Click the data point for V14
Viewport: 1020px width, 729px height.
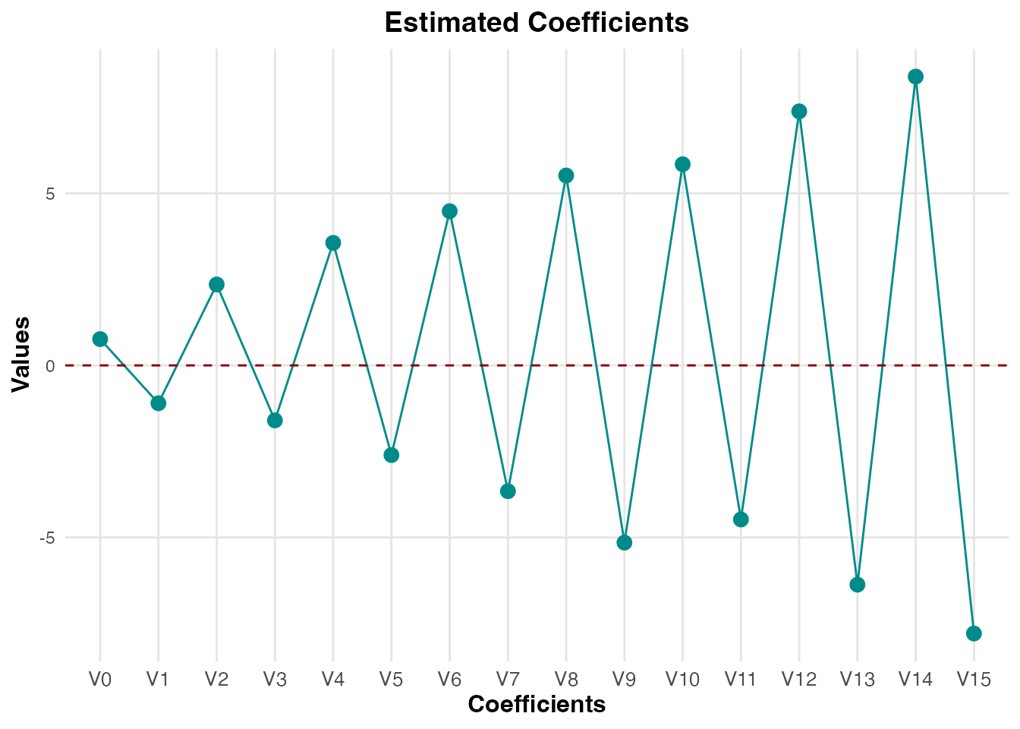(915, 77)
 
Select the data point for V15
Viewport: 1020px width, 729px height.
(974, 633)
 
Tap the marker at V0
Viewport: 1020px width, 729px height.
(100, 339)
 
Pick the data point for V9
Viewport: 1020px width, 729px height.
(625, 542)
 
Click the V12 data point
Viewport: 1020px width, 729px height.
(799, 111)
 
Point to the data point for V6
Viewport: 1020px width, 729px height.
(449, 211)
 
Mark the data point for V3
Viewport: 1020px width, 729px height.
(275, 420)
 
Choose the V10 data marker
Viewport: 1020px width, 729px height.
(682, 164)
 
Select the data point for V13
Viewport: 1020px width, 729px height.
(858, 584)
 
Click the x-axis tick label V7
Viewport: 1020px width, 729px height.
(508, 679)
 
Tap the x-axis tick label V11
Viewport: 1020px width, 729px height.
(741, 679)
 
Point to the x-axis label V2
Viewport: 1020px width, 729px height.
(216, 679)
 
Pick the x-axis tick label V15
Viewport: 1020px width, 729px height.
(974, 679)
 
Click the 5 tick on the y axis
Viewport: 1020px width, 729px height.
(50, 194)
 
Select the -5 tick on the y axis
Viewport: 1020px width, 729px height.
(47, 538)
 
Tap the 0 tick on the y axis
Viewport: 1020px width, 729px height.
(50, 366)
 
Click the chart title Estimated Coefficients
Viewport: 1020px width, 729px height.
(537, 23)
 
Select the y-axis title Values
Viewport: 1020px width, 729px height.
(21, 354)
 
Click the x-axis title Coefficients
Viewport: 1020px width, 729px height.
(537, 705)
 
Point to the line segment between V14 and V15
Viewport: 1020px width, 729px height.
(945, 355)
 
